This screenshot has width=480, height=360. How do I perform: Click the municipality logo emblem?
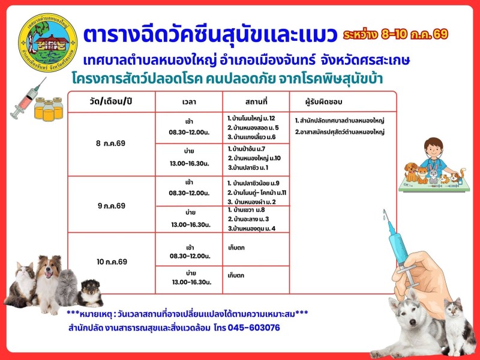click(x=48, y=43)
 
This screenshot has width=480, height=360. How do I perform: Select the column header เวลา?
click(x=189, y=102)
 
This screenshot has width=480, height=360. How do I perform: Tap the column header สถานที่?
click(x=256, y=101)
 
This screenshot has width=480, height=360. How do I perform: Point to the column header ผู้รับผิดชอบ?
click(x=323, y=102)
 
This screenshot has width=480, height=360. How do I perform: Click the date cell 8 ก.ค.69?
click(x=110, y=143)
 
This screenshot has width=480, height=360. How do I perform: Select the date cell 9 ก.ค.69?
click(x=112, y=206)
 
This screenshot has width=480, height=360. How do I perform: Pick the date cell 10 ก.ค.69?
click(x=112, y=262)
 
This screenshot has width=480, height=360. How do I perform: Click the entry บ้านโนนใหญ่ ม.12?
click(x=251, y=118)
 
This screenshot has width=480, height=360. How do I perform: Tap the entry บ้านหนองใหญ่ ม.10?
click(x=254, y=158)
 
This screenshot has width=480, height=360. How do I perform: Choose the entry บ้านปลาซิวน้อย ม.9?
click(x=253, y=184)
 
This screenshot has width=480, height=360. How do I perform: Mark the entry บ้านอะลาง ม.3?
click(x=248, y=219)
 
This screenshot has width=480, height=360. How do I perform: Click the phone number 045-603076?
click(x=254, y=328)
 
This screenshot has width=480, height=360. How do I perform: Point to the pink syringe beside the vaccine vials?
click(x=28, y=98)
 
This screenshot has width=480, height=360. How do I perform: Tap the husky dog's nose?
click(x=413, y=322)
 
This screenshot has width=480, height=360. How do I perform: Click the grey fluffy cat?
click(x=67, y=287)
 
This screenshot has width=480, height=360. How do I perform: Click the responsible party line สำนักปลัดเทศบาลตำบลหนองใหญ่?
click(x=340, y=121)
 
